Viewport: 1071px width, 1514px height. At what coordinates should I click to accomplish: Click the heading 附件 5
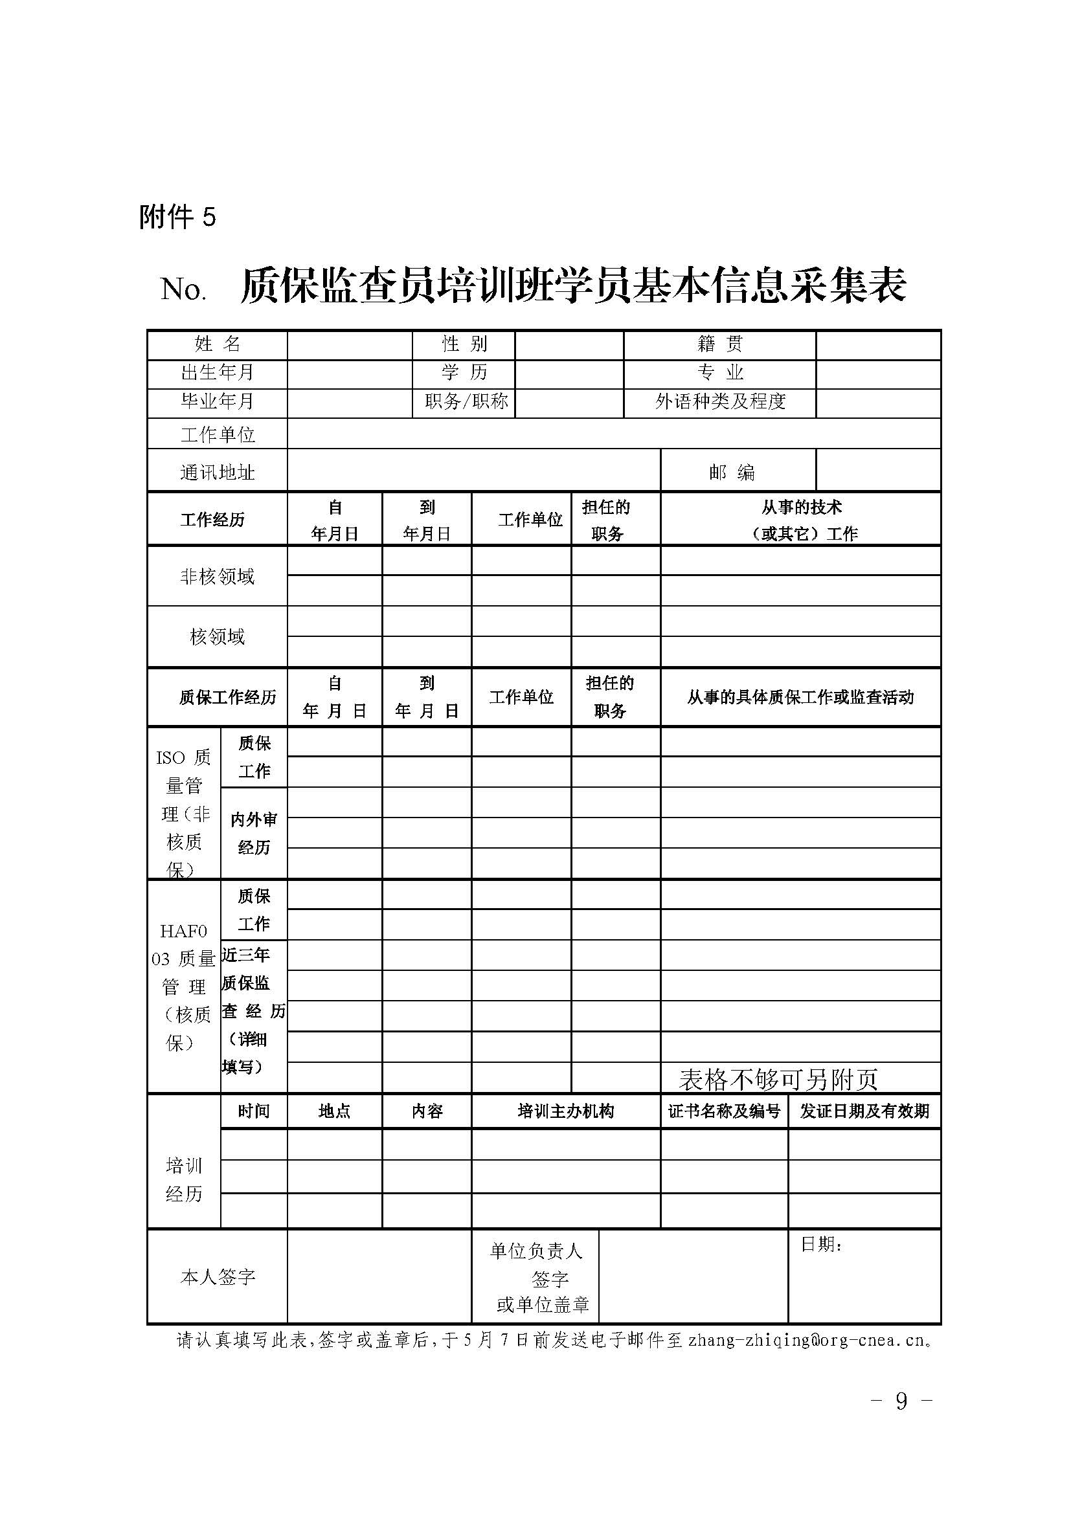point(177,216)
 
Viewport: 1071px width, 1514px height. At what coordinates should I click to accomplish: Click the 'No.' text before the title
point(183,289)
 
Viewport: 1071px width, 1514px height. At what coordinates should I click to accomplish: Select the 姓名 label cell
point(217,344)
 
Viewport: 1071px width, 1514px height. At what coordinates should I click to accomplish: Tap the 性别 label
point(464,344)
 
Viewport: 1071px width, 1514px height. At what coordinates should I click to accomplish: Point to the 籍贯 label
point(719,344)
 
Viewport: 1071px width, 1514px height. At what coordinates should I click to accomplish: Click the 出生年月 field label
point(217,373)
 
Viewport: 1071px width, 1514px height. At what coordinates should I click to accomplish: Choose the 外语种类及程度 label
point(719,401)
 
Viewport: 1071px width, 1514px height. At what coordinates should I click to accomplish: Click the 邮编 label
point(732,472)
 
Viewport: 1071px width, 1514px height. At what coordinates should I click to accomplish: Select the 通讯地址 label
point(217,472)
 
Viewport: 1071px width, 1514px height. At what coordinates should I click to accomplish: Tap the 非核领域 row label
point(217,577)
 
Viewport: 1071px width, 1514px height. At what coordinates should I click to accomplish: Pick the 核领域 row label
point(217,636)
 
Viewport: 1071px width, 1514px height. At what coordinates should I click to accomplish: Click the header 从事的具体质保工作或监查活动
point(800,697)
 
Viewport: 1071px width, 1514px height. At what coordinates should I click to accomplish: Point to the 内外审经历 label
point(254,833)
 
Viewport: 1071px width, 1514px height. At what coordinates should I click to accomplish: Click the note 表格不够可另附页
point(778,1080)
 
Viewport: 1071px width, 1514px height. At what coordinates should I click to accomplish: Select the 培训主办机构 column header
point(566,1111)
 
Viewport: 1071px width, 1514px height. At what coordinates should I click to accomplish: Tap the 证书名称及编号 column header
point(724,1111)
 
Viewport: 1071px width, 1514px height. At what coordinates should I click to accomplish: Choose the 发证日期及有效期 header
point(864,1111)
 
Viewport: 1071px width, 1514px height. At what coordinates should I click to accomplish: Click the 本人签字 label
point(217,1277)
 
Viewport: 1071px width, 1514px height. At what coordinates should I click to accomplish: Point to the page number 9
point(901,1401)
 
